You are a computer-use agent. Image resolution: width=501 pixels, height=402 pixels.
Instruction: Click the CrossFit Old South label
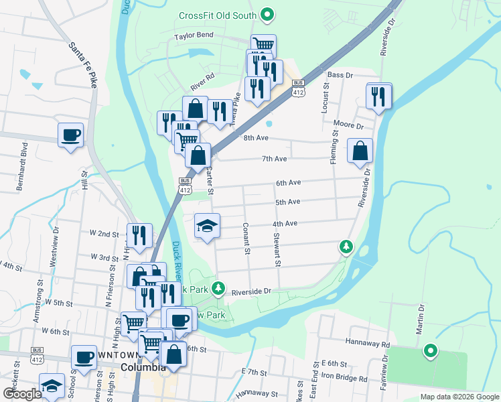(x=218, y=16)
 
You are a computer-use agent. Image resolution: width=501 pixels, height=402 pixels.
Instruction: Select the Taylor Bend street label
(x=194, y=35)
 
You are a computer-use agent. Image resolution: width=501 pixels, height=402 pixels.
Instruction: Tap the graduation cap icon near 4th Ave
(x=208, y=226)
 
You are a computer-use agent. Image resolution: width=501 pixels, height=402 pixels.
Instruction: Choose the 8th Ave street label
(x=256, y=137)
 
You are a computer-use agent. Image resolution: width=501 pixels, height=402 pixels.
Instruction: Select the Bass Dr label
(x=340, y=75)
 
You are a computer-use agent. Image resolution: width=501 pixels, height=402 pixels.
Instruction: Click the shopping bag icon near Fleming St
(x=360, y=151)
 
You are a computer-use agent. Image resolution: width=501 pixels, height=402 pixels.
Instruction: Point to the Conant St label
(x=246, y=239)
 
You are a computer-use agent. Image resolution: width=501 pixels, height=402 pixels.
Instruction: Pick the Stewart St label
(x=276, y=249)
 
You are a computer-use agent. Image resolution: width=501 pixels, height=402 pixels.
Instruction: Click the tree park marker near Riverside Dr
(x=346, y=247)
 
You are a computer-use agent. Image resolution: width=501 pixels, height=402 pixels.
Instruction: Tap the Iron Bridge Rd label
(x=344, y=379)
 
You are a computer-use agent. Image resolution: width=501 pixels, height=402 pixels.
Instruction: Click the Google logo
(x=22, y=394)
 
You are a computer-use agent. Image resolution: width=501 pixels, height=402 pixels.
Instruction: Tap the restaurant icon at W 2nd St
(x=139, y=236)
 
